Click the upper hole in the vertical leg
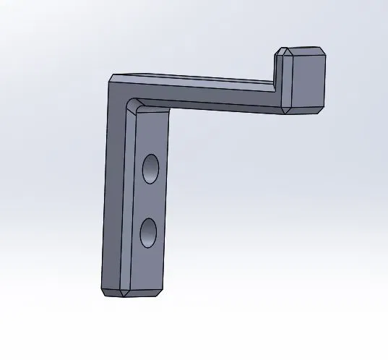click(x=150, y=168)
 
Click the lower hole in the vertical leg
click(x=148, y=232)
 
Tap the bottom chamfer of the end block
click(x=305, y=111)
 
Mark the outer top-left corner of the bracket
click(x=111, y=76)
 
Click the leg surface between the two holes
click(x=150, y=201)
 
